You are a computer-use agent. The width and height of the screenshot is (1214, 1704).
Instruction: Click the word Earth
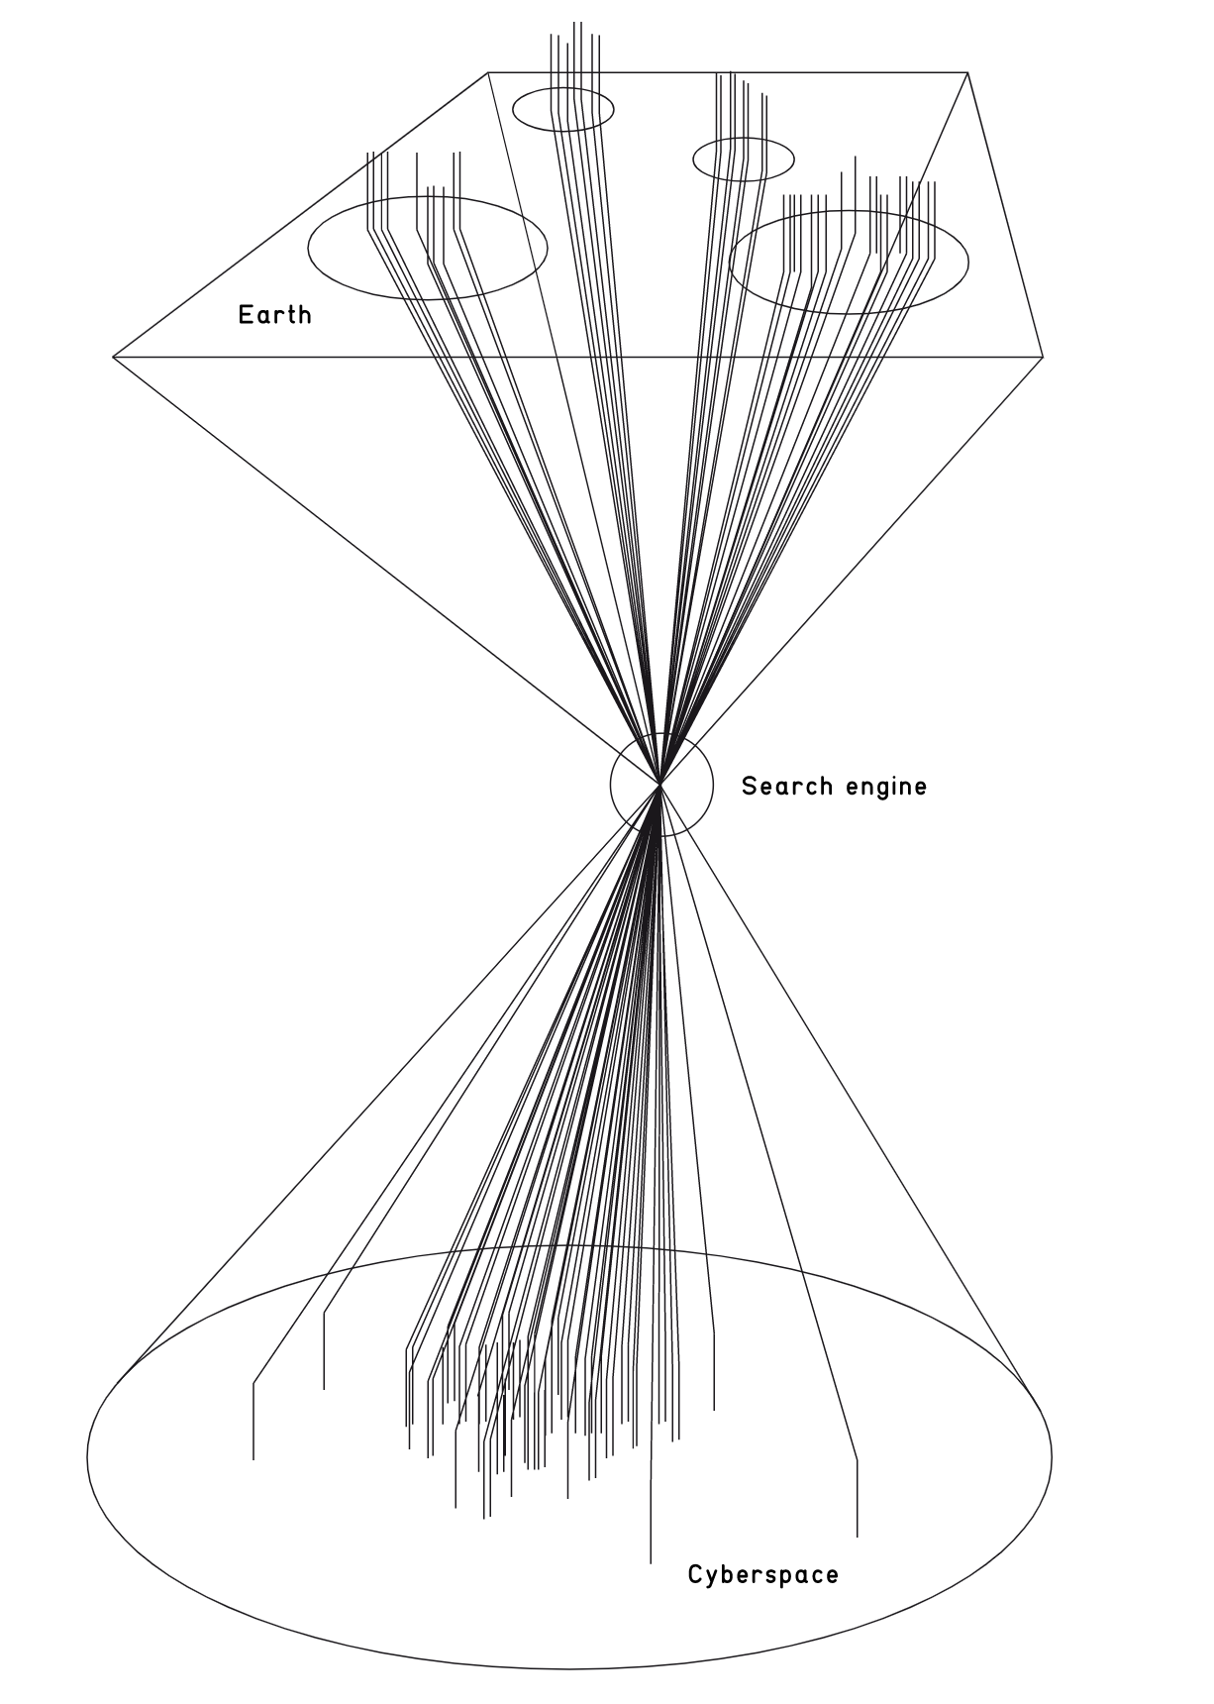pyautogui.click(x=274, y=315)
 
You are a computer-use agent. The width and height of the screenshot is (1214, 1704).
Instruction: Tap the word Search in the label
pyautogui.click(x=787, y=787)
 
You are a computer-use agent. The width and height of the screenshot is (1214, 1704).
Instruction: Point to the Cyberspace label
pyautogui.click(x=762, y=1574)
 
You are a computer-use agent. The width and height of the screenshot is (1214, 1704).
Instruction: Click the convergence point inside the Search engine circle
pyautogui.click(x=659, y=784)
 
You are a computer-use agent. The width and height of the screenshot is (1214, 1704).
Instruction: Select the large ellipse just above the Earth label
pyautogui.click(x=428, y=249)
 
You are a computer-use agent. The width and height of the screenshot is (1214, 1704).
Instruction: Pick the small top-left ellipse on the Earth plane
pyautogui.click(x=562, y=109)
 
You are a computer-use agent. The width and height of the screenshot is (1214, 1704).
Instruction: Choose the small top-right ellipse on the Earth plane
pyautogui.click(x=744, y=159)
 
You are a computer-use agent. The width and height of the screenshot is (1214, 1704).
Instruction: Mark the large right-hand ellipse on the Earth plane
pyautogui.click(x=849, y=262)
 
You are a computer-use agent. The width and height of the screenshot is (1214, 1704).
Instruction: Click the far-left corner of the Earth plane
pyautogui.click(x=114, y=356)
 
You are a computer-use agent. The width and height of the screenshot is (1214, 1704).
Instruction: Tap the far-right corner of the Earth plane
pyautogui.click(x=1044, y=356)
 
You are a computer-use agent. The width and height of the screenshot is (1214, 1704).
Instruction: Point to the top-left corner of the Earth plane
pyautogui.click(x=488, y=72)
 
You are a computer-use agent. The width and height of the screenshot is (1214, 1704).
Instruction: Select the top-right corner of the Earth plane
pyautogui.click(x=966, y=72)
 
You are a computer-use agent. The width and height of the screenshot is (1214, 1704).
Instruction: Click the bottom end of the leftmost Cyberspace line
pyautogui.click(x=253, y=1458)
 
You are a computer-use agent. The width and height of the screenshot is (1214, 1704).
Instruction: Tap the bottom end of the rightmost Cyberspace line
pyautogui.click(x=857, y=1537)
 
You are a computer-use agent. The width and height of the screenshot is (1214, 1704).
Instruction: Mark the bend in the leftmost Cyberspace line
pyautogui.click(x=253, y=1382)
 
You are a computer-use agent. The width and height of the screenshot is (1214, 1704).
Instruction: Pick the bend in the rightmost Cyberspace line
pyautogui.click(x=857, y=1460)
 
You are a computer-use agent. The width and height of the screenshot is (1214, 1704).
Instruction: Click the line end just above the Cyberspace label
pyautogui.click(x=651, y=1562)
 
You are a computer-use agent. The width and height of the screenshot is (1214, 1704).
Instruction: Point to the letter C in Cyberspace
pyautogui.click(x=696, y=1574)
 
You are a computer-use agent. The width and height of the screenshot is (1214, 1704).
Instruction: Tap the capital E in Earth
pyautogui.click(x=245, y=315)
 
